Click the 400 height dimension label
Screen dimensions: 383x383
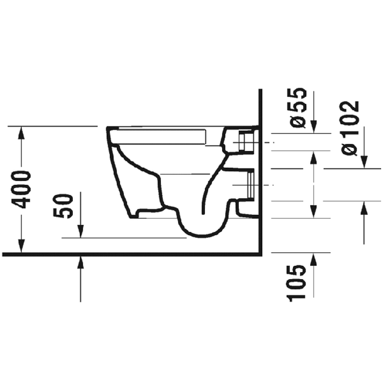22,190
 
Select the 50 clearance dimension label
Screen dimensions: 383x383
63,206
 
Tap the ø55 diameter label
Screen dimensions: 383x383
298,107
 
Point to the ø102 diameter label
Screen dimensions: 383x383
350,128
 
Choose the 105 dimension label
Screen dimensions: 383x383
296,283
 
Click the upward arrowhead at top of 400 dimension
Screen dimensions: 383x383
22,133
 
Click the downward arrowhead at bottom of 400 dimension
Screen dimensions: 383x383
22,246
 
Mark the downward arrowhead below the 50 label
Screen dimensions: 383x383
80,231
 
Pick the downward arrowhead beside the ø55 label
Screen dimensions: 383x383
314,127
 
